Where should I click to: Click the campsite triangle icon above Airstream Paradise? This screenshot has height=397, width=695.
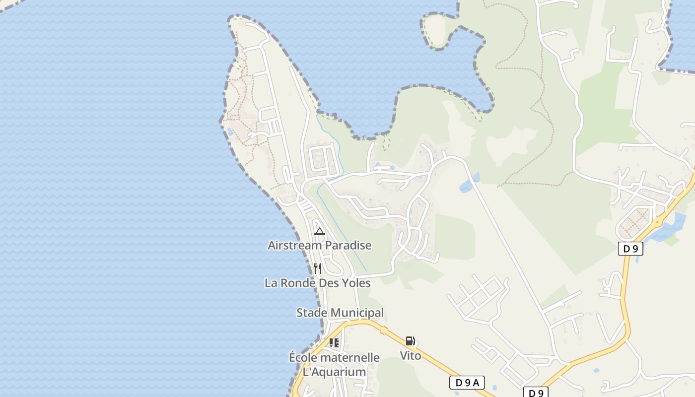320,231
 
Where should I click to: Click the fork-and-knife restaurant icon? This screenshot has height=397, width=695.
318,268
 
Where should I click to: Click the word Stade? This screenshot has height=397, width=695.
312,313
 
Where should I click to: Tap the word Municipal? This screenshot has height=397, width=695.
357,313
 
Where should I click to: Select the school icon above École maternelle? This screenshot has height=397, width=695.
334,342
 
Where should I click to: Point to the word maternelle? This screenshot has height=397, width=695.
349,357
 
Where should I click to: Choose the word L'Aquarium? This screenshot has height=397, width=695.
334,372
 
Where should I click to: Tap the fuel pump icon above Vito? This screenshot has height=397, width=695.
410,341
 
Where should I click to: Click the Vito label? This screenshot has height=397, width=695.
411,355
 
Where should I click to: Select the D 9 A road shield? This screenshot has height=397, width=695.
467,383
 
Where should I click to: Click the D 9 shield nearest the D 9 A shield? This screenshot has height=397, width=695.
536,393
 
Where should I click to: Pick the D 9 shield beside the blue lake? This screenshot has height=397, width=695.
630,249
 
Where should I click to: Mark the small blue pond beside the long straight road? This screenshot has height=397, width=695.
469,184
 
